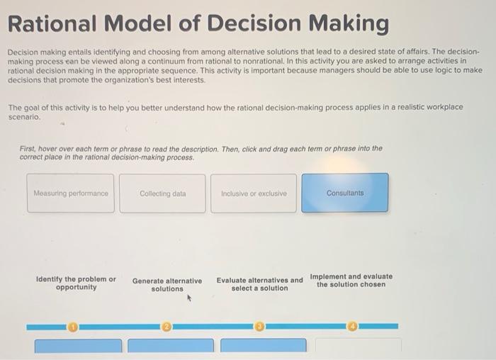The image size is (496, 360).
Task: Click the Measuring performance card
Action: [x=71, y=193]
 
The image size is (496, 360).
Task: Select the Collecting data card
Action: [x=162, y=193]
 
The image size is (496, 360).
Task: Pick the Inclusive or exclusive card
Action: [x=254, y=193]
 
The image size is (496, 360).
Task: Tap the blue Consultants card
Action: [x=345, y=193]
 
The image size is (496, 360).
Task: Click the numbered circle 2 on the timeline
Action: [x=167, y=327]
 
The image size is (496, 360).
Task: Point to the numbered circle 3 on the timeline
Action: [x=259, y=327]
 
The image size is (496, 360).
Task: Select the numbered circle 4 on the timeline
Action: [x=352, y=327]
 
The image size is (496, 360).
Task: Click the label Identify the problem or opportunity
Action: [x=76, y=283]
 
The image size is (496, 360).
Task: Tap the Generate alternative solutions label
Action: [x=167, y=284]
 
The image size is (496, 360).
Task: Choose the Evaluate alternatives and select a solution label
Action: [x=259, y=283]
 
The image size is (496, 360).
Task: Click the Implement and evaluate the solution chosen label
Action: [x=351, y=280]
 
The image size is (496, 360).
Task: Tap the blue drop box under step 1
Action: [x=78, y=347]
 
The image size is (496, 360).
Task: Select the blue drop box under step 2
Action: [x=170, y=347]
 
